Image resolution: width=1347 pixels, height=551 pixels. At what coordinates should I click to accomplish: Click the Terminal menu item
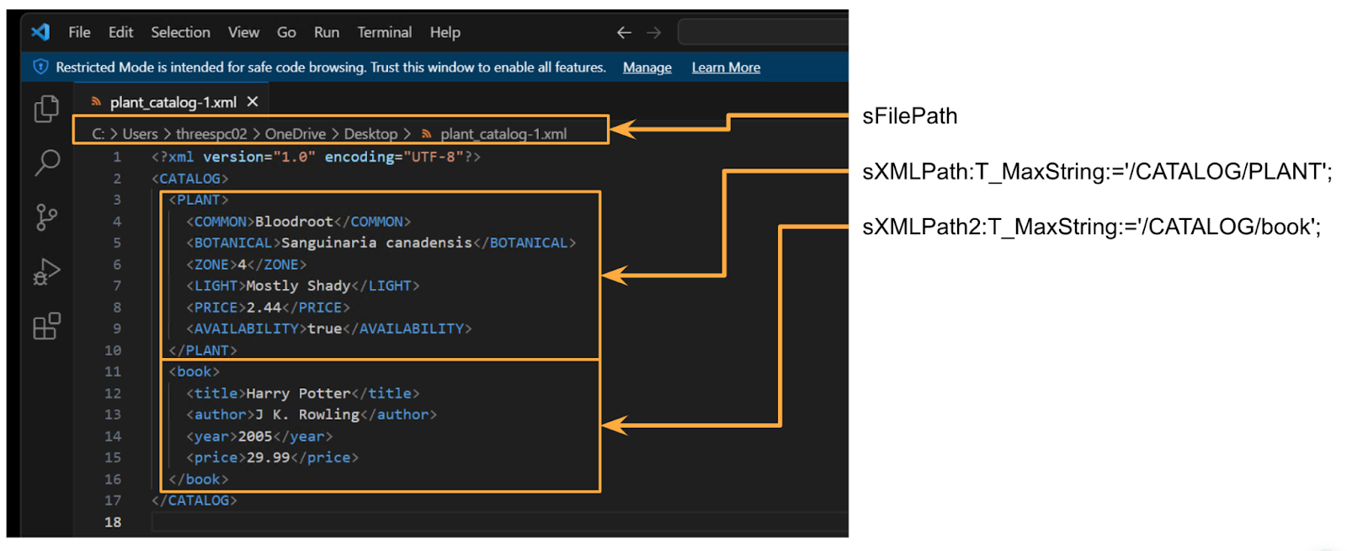coord(384,33)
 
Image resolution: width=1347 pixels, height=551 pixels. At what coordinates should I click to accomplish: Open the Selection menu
coord(180,33)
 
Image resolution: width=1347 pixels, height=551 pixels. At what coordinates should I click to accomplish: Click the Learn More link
coord(726,67)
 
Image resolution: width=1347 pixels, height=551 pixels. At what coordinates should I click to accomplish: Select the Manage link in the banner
coord(647,67)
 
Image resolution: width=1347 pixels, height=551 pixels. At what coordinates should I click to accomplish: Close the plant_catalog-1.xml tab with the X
coord(253,102)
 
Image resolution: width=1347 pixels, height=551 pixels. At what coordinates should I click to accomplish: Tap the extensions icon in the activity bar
coord(47,326)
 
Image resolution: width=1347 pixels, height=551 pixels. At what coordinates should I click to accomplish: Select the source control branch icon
coord(46,217)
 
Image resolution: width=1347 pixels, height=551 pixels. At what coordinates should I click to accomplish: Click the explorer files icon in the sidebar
coord(46,109)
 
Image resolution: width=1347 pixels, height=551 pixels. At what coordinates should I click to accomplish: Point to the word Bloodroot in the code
coord(294,222)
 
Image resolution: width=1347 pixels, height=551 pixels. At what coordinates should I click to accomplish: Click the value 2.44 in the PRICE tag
coord(264,308)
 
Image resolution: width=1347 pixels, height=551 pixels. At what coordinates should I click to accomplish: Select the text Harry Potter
coord(298,393)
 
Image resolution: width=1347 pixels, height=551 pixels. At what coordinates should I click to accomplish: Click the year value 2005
coord(255,436)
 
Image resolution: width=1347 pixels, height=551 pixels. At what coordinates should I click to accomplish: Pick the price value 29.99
coord(269,457)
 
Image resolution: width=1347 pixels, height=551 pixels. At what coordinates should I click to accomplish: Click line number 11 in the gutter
coord(113,372)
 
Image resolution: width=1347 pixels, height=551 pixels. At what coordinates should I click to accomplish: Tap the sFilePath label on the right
coord(909,116)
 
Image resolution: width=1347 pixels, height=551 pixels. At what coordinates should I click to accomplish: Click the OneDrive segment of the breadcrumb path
coord(295,134)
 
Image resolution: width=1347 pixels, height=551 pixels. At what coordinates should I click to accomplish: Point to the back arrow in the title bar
coord(624,33)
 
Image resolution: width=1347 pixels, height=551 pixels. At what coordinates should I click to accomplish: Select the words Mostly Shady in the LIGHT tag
coord(298,286)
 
